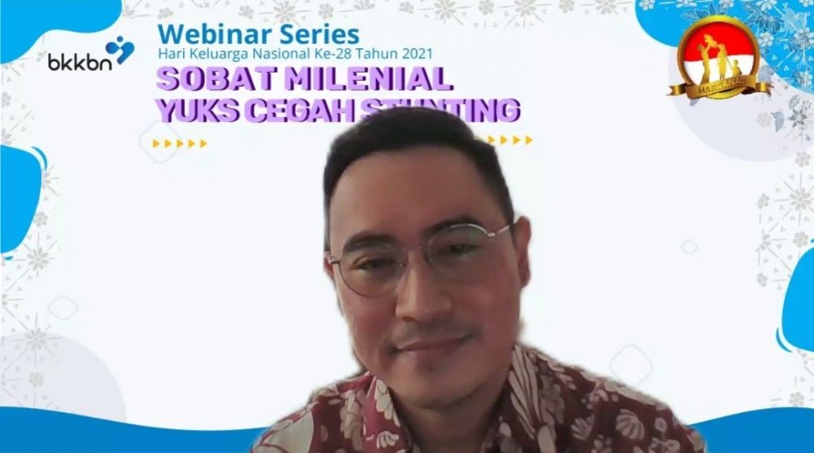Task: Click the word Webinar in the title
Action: point(203,34)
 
